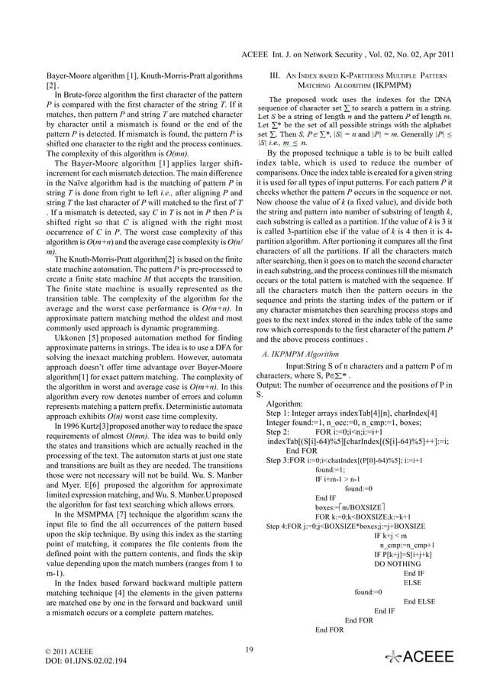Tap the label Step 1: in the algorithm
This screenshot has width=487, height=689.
click(x=281, y=414)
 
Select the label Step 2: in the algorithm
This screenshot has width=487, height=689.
click(x=281, y=431)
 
